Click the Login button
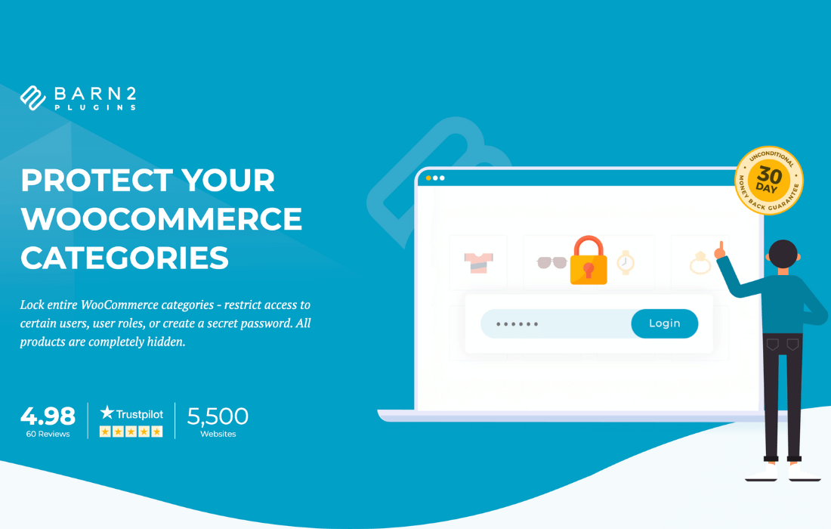coord(665,323)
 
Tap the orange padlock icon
coord(588,260)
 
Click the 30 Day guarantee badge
coord(769,180)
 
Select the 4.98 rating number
coord(48,416)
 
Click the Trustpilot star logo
coord(107,413)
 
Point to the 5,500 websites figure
coord(218,416)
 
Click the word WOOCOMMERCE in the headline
coord(162,219)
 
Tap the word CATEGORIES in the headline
coord(125,258)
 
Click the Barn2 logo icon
coord(33,97)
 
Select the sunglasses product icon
coord(551,262)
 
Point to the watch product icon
coord(626,262)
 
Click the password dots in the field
coord(517,324)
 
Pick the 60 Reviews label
coord(48,434)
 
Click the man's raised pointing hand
coord(720,251)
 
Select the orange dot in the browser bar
coord(429,178)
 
